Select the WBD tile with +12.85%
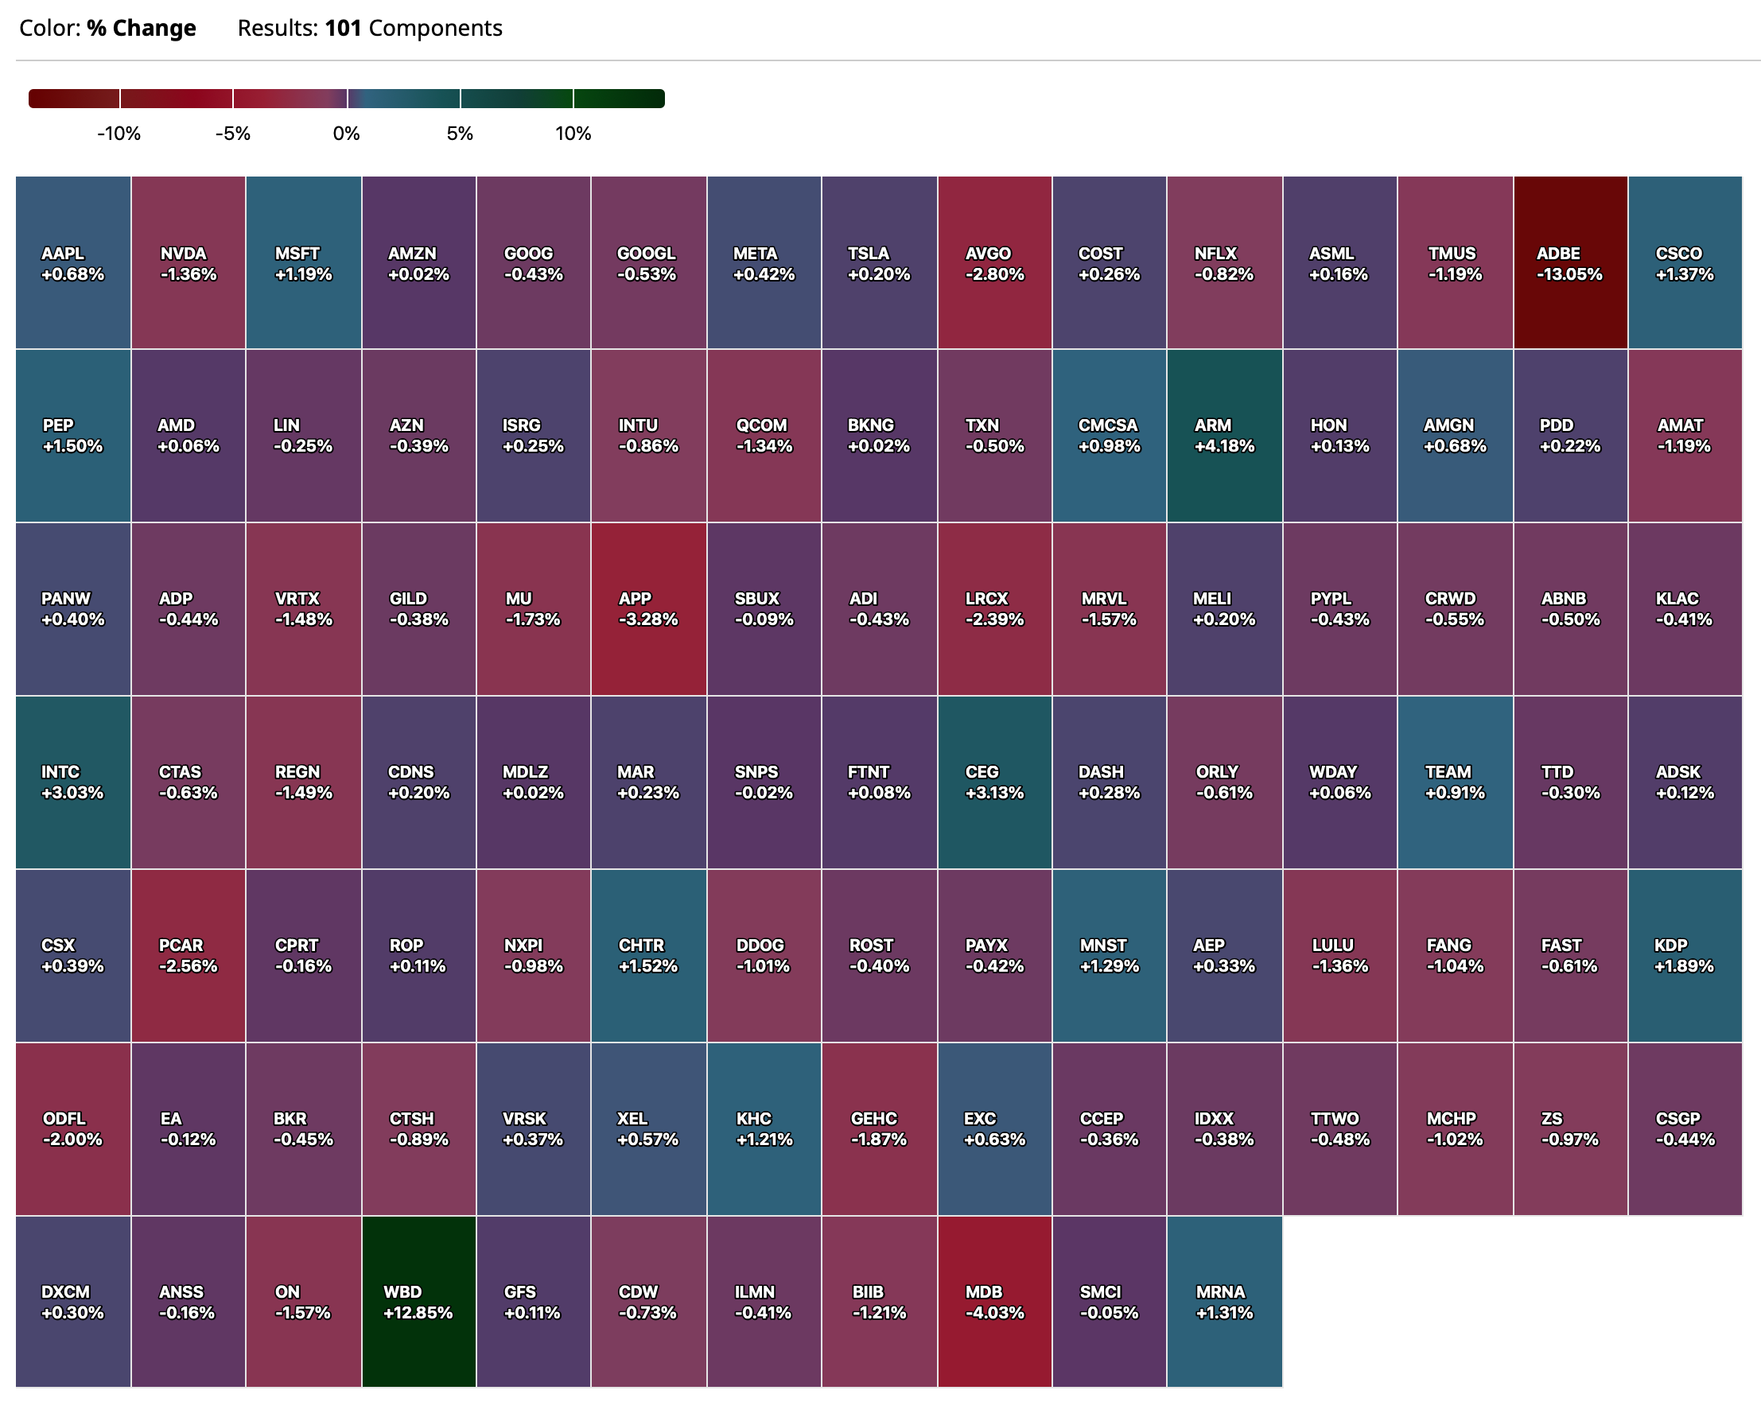point(418,1301)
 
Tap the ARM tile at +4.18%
point(1223,435)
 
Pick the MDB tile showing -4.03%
point(994,1301)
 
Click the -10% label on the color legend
point(119,134)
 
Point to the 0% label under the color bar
point(347,134)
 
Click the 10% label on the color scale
point(573,134)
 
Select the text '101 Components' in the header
point(413,28)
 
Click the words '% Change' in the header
point(142,28)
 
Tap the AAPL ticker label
point(62,254)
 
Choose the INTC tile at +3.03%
point(73,782)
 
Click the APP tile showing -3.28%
point(647,608)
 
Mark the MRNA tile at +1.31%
point(1223,1301)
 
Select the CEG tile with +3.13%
point(994,782)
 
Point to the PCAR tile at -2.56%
point(188,955)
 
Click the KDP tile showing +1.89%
point(1684,955)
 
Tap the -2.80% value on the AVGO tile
point(994,275)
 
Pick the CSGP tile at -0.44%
point(1684,1128)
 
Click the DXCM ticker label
point(65,1291)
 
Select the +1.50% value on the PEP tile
point(72,447)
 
